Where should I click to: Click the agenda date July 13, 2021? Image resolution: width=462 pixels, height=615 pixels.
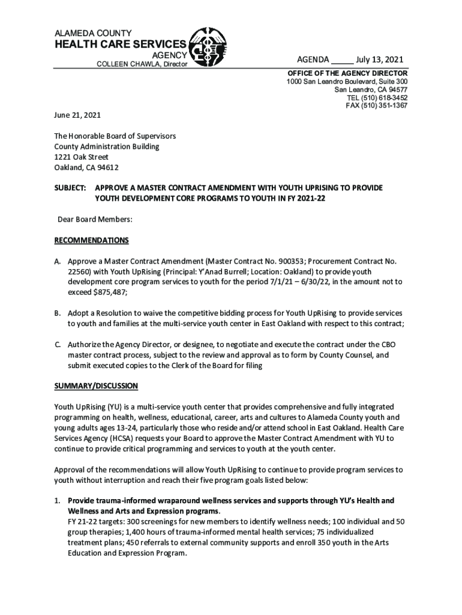coord(379,59)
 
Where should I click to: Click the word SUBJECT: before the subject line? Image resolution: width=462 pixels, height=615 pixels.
coord(70,188)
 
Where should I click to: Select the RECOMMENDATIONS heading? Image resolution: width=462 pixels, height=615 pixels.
coord(91,241)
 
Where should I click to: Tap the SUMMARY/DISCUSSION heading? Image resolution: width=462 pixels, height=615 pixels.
coord(96,385)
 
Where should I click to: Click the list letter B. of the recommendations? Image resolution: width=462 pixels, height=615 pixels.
coord(58,314)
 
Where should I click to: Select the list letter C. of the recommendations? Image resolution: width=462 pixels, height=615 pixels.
coord(58,345)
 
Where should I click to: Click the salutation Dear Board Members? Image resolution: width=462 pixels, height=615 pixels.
coord(95,220)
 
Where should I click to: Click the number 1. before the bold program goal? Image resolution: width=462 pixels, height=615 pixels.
coord(58,500)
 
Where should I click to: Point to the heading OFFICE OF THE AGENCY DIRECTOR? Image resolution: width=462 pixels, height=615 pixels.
coord(347,73)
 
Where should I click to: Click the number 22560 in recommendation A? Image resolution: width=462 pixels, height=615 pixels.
coord(79,271)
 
